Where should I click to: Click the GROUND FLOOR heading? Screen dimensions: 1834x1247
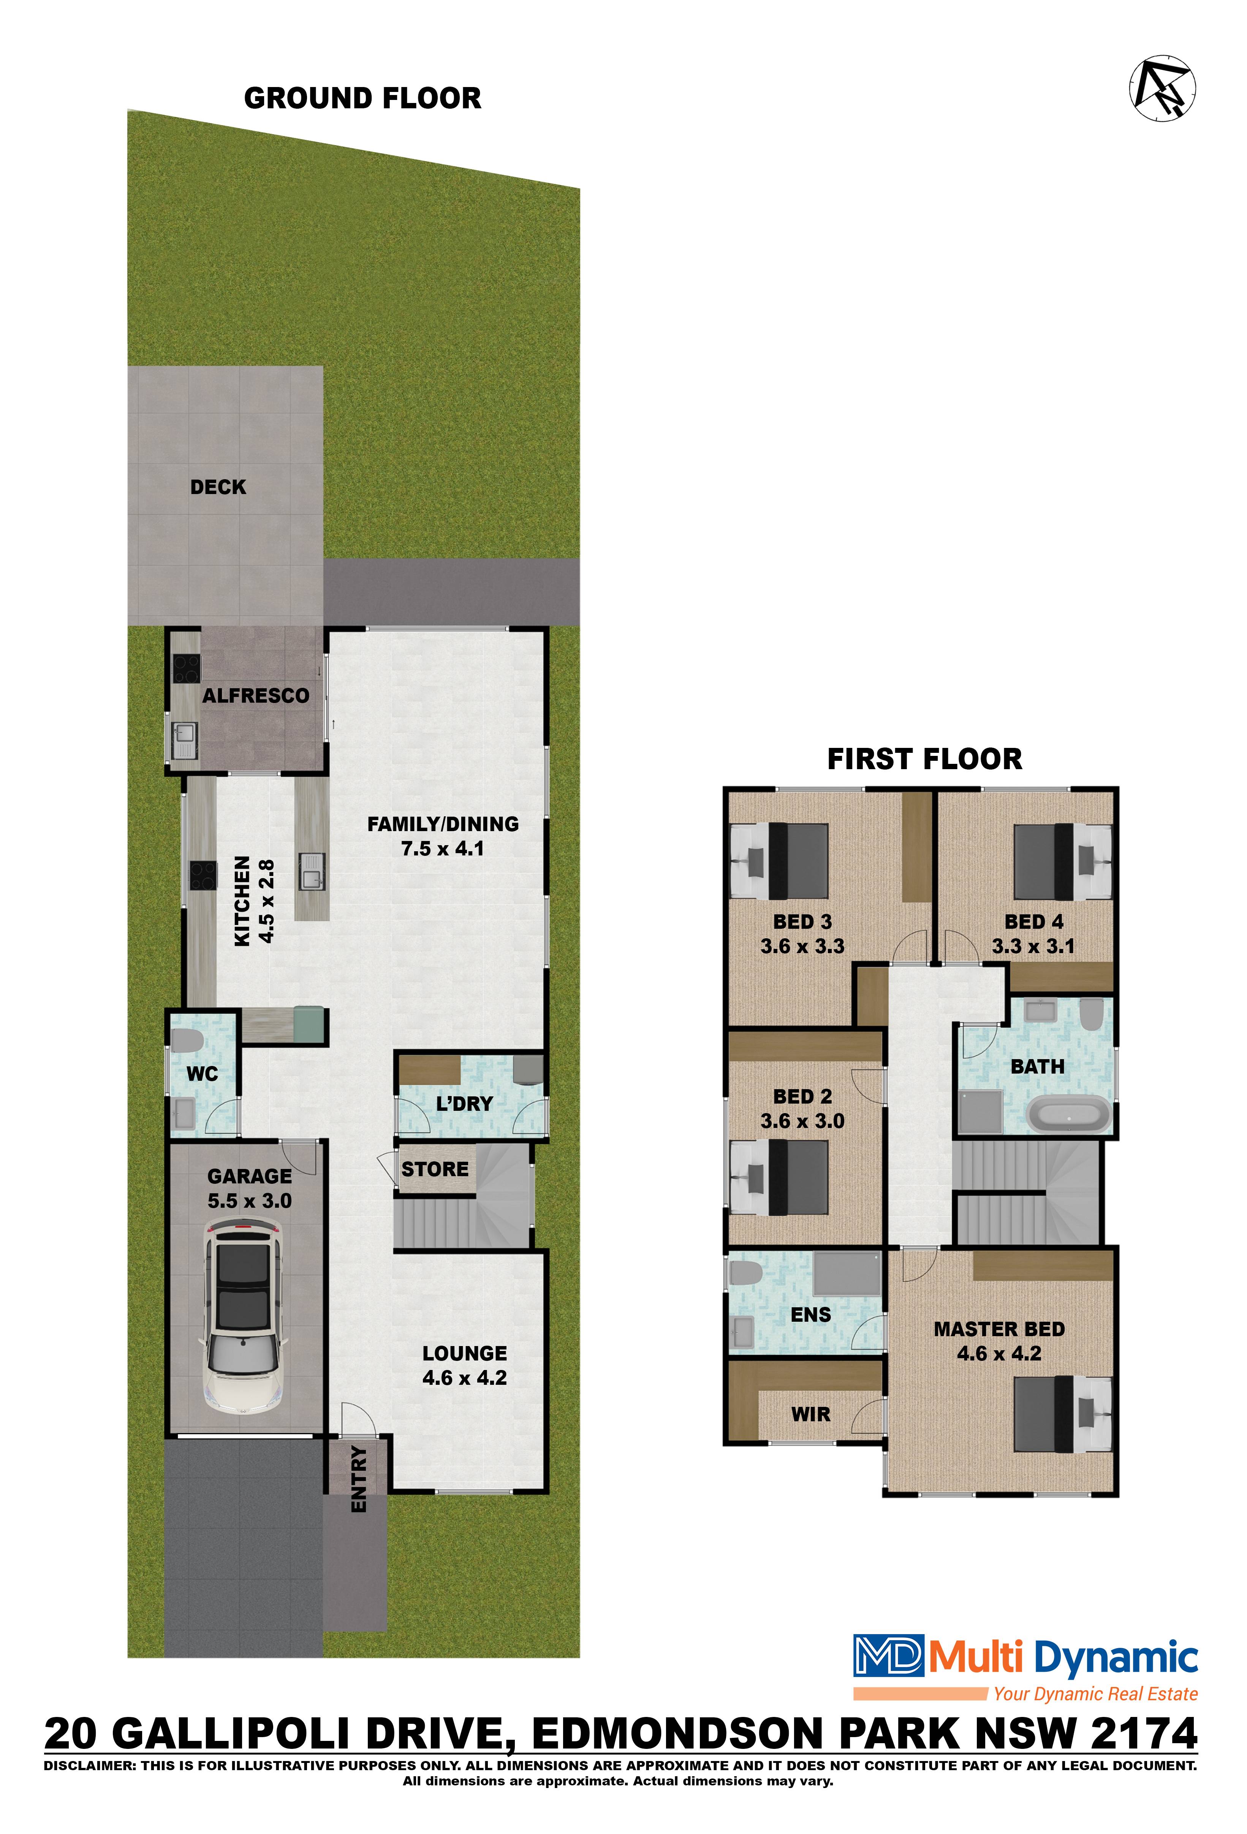tap(362, 99)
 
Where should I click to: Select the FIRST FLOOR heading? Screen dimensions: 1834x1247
tap(924, 759)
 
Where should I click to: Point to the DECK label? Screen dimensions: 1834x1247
tap(218, 487)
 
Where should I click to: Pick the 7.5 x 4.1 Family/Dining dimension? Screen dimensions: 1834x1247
tap(443, 849)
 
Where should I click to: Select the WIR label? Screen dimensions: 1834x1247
tap(810, 1414)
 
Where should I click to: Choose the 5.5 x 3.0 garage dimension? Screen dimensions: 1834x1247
tap(249, 1201)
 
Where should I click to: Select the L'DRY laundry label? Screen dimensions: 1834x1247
tap(464, 1104)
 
